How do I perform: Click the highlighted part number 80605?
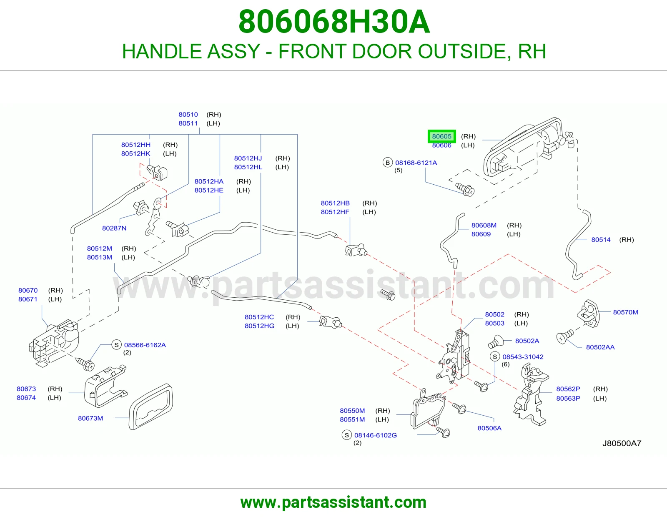coord(441,136)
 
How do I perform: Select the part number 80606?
coord(441,145)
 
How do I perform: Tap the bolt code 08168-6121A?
coord(416,163)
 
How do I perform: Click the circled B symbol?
coord(388,163)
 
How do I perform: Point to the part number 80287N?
coord(114,228)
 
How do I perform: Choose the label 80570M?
coord(625,312)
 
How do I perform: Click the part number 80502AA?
coord(600,347)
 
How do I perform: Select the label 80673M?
coord(90,418)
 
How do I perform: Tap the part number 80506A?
coord(489,428)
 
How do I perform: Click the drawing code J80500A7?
coord(622,443)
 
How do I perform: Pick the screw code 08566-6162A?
coord(145,345)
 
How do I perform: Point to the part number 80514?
coord(601,239)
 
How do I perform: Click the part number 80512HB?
coord(335,203)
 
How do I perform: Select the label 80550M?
coord(352,410)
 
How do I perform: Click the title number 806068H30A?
coord(334,22)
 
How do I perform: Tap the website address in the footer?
coord(333,502)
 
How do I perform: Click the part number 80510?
coord(188,115)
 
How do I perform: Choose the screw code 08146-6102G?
coord(376,435)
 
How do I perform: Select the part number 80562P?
coord(568,389)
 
